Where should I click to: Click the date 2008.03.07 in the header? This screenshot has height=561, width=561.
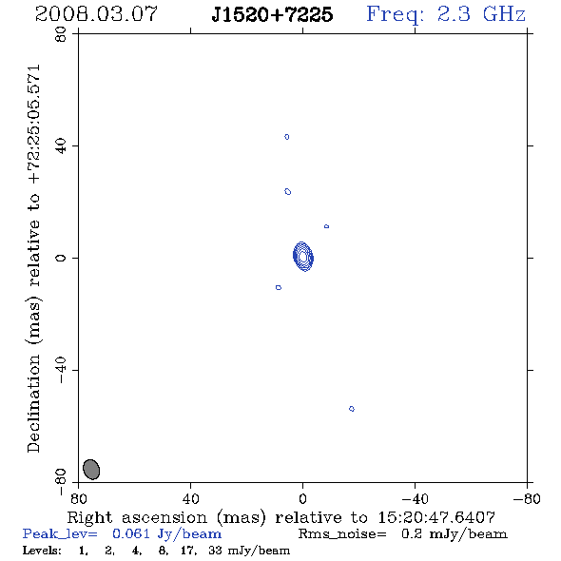[96, 14]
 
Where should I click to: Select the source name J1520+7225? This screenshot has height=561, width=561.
[272, 14]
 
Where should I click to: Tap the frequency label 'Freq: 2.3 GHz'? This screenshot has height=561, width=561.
[446, 14]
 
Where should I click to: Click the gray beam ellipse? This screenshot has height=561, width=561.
[91, 470]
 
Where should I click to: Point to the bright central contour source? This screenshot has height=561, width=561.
[303, 257]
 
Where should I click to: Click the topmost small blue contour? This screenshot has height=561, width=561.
[286, 137]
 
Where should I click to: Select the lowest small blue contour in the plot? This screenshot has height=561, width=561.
[352, 409]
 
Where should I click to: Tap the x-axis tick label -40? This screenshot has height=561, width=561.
[415, 499]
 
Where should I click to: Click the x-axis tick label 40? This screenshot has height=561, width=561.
[190, 499]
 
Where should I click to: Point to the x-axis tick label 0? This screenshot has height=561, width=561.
[302, 499]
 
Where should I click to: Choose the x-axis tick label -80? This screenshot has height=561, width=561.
[527, 499]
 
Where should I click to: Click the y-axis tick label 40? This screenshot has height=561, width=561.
[61, 145]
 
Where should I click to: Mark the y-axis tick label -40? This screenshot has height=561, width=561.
[61, 370]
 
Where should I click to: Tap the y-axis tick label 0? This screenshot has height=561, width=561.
[61, 258]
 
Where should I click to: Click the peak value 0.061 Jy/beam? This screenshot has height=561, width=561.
[166, 533]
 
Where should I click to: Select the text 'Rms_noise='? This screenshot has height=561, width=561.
[342, 534]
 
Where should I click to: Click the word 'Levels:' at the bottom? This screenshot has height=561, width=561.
[42, 550]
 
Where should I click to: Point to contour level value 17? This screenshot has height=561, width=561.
[188, 551]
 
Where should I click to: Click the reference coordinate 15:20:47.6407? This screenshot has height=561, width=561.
[436, 517]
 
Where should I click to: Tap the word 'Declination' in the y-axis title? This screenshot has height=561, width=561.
[33, 403]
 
